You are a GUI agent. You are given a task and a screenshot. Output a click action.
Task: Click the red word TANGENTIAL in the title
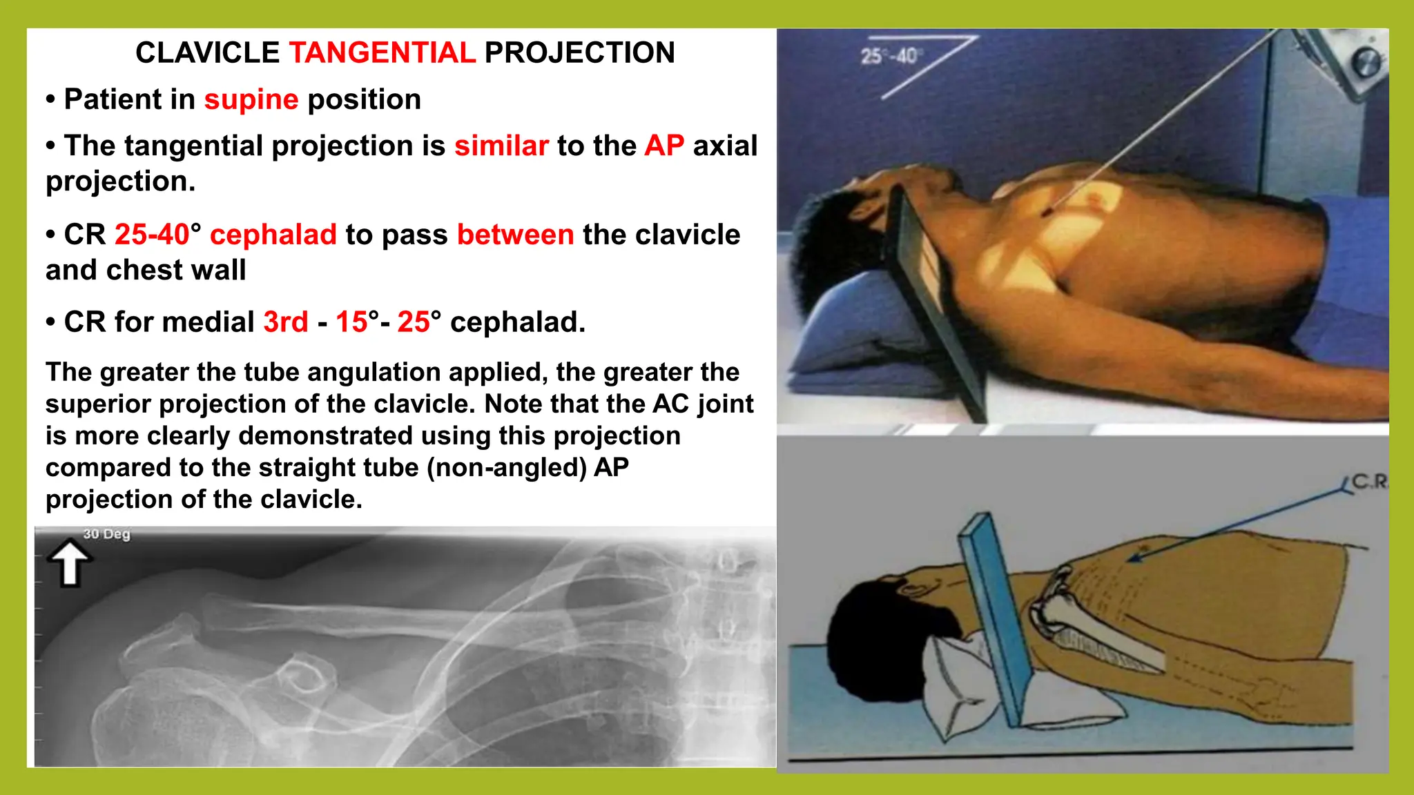pyautogui.click(x=382, y=53)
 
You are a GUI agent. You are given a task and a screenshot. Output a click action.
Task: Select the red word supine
pyautogui.click(x=251, y=100)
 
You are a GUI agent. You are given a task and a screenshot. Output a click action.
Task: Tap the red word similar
pyautogui.click(x=501, y=146)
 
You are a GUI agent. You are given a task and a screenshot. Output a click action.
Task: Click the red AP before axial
pyautogui.click(x=664, y=146)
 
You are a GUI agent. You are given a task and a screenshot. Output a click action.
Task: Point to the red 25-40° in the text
pyautogui.click(x=157, y=235)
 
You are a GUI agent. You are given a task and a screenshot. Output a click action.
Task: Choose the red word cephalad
pyautogui.click(x=273, y=235)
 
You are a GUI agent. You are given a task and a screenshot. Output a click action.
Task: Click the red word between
pyautogui.click(x=515, y=235)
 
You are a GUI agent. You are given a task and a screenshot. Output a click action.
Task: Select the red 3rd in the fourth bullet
pyautogui.click(x=286, y=322)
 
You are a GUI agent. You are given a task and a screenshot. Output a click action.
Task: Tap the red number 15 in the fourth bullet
pyautogui.click(x=352, y=322)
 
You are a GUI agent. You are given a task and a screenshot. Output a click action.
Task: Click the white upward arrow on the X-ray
pyautogui.click(x=70, y=562)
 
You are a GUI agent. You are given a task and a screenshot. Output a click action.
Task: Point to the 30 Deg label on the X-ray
pyautogui.click(x=106, y=534)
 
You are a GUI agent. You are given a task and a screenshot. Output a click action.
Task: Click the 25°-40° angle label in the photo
pyautogui.click(x=889, y=56)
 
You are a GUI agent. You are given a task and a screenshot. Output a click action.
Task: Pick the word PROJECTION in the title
pyautogui.click(x=579, y=53)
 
